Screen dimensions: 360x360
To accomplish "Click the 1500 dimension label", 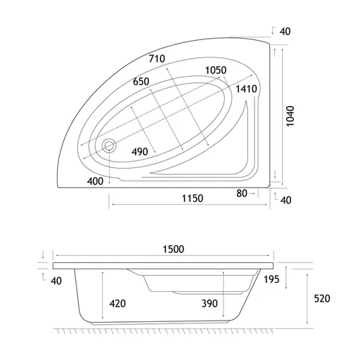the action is [x=174, y=249].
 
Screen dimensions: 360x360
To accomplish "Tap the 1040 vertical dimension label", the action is [x=290, y=116].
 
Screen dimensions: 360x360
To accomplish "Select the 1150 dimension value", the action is [x=193, y=198].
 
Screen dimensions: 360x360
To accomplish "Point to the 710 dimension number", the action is [x=157, y=58].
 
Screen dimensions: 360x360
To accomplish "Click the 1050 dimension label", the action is [x=216, y=70].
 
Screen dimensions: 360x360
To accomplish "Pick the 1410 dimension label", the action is [x=246, y=89].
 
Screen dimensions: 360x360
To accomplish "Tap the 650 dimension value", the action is [x=141, y=82].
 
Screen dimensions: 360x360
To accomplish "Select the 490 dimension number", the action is [x=140, y=152].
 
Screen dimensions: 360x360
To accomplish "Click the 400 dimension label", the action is [x=95, y=181].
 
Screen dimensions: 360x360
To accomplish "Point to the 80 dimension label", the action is [x=242, y=193].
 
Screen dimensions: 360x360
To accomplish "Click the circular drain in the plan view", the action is [x=109, y=146].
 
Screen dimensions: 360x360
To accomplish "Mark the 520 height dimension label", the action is [x=322, y=299].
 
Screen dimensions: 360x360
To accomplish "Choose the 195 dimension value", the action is [x=271, y=279].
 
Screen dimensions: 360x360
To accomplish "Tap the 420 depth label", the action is [x=117, y=304].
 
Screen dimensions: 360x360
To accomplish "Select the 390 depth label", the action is [x=210, y=304].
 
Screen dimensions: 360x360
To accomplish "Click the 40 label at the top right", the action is [x=285, y=32].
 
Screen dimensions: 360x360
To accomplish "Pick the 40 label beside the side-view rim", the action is [x=56, y=281].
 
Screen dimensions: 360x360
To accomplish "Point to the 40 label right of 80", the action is [x=286, y=200].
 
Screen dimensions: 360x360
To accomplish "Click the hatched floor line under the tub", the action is [x=163, y=331].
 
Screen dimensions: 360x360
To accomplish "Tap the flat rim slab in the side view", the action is [x=163, y=266].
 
